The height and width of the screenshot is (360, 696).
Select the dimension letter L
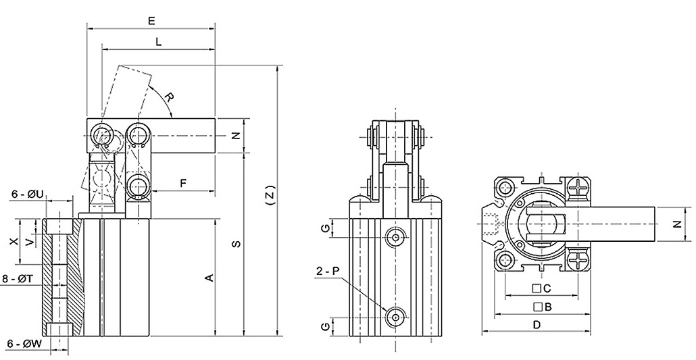pyautogui.click(x=158, y=42)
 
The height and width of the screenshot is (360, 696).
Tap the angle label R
pyautogui.click(x=170, y=100)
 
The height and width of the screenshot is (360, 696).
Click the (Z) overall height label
pyautogui.click(x=270, y=197)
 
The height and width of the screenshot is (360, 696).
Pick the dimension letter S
pyautogui.click(x=236, y=244)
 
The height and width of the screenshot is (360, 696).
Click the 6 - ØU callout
pyautogui.click(x=27, y=195)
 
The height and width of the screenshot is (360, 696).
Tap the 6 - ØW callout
pyautogui.click(x=24, y=343)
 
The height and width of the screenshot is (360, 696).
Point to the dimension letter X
pyautogui.click(x=11, y=241)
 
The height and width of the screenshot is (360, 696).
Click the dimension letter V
pyautogui.click(x=28, y=241)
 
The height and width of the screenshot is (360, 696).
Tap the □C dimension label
pyautogui.click(x=542, y=288)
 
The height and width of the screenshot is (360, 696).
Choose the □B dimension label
pyautogui.click(x=543, y=307)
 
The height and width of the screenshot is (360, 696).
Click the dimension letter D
pyautogui.click(x=537, y=325)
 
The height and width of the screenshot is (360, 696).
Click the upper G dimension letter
pyautogui.click(x=326, y=228)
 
